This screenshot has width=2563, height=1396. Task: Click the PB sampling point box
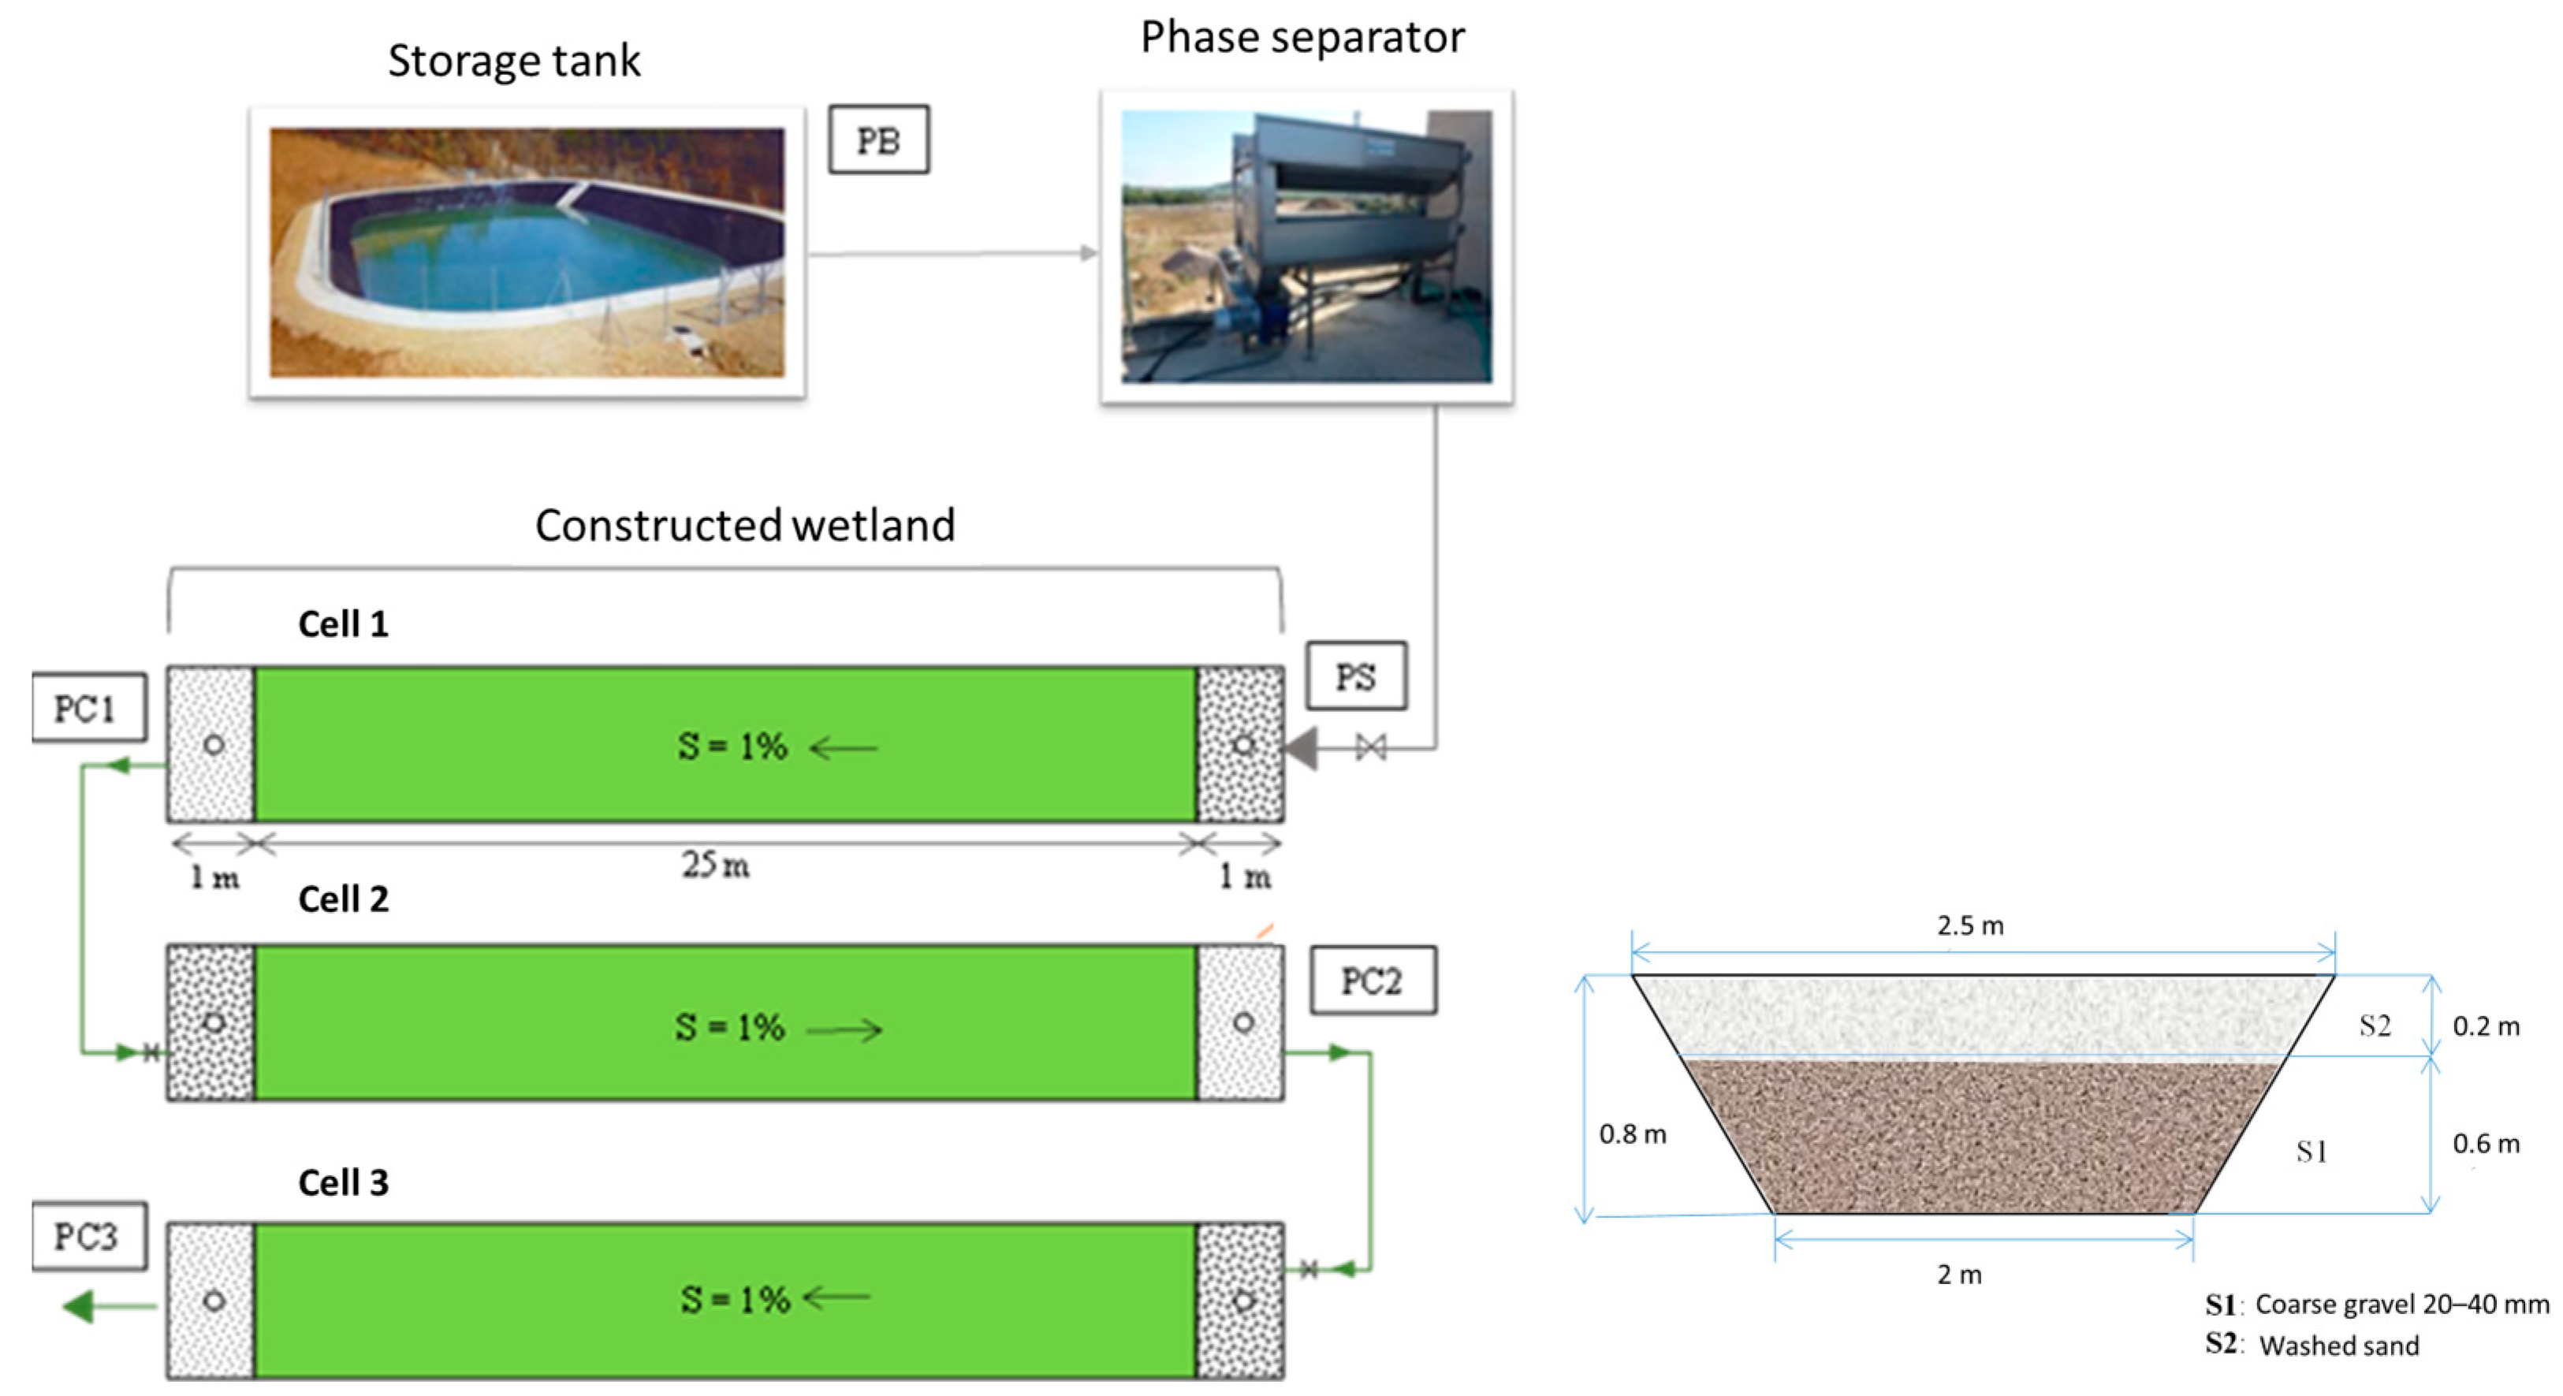click(878, 140)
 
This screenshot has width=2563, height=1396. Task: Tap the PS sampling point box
click(1355, 676)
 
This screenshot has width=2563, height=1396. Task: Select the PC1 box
click(88, 709)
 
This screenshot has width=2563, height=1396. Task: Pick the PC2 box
click(1372, 981)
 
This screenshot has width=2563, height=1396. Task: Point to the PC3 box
click(88, 1237)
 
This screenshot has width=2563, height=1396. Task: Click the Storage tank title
click(513, 61)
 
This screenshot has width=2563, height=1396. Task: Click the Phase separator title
click(1302, 37)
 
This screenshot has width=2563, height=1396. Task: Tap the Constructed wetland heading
click(744, 525)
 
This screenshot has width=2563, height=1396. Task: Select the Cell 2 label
click(343, 899)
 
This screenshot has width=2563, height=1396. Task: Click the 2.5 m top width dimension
click(1969, 926)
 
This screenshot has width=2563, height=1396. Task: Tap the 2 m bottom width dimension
click(1958, 1275)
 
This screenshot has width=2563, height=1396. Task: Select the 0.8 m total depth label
click(1632, 1134)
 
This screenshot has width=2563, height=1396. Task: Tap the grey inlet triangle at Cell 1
click(1302, 748)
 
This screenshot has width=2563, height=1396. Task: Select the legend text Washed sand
click(2338, 1346)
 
